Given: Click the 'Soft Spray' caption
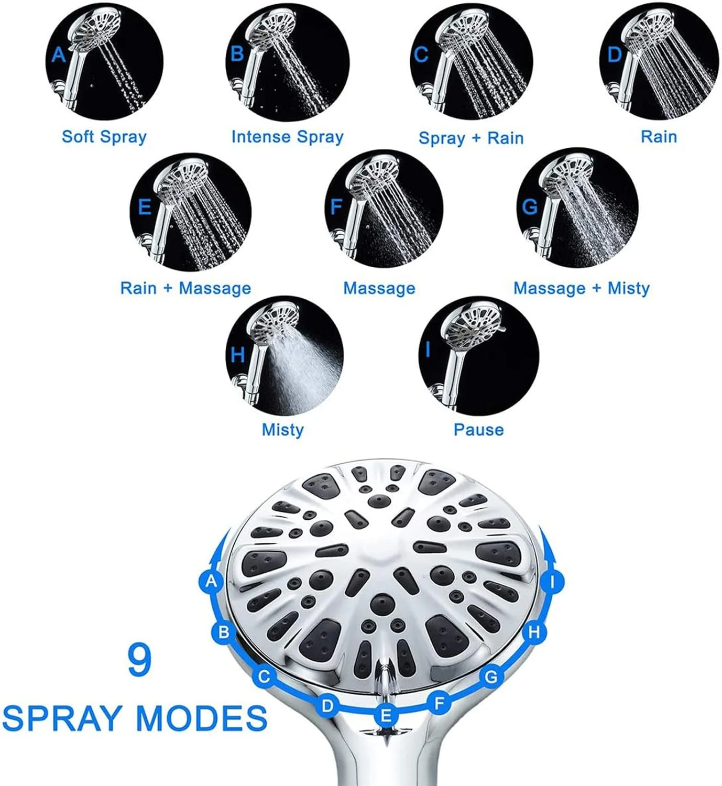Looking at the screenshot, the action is tap(104, 137).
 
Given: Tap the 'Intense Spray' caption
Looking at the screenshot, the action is tap(287, 137).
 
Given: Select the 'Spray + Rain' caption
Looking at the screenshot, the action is tap(471, 138).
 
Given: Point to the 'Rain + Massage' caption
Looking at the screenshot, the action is tap(185, 288).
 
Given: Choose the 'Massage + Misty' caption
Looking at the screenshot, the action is tap(582, 288).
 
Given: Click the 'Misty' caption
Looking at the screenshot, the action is tap(282, 430).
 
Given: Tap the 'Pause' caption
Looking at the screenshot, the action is tap(478, 430).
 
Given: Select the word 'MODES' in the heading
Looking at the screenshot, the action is tap(202, 718).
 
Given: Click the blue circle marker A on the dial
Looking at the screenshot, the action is tap(212, 581).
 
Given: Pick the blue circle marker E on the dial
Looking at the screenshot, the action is tap(386, 715).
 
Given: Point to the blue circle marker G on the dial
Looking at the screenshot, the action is tap(491, 676).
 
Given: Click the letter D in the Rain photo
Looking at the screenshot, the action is tap(615, 54).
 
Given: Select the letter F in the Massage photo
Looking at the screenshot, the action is tap(336, 207).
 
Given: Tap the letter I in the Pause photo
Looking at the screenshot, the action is tap(428, 350).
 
